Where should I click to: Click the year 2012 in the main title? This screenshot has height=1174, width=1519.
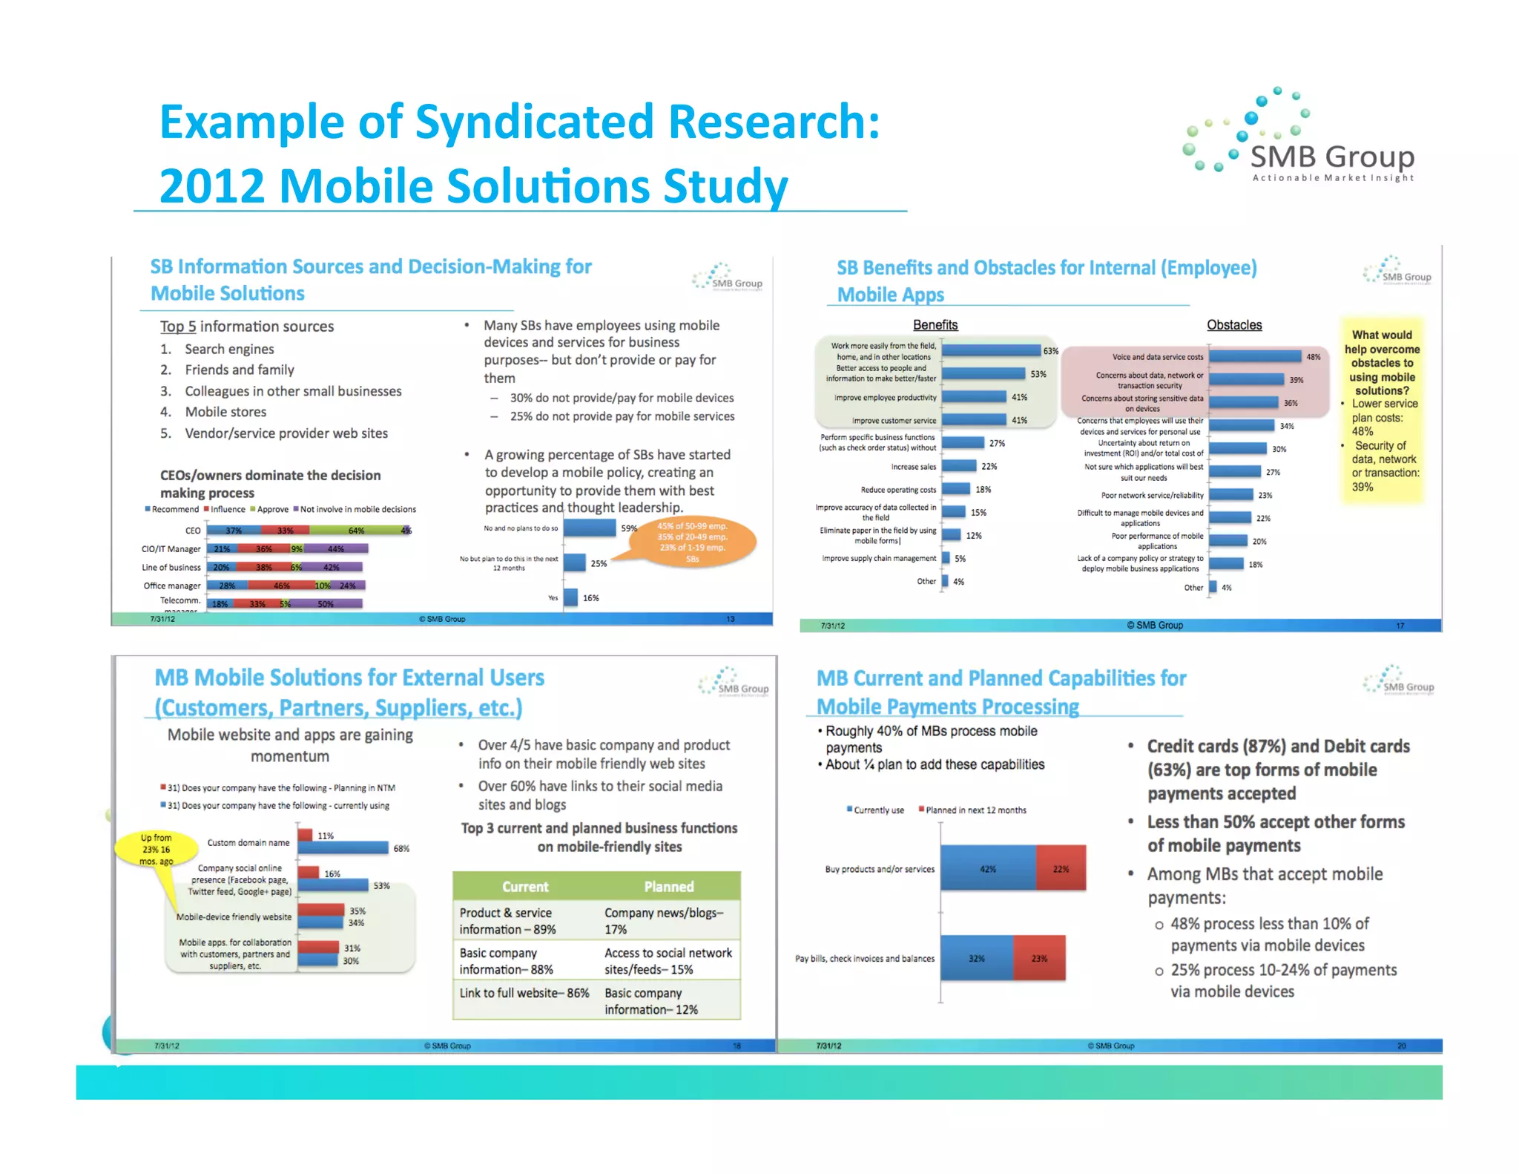pyautogui.click(x=212, y=186)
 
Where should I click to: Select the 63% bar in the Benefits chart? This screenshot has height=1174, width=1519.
pyautogui.click(x=991, y=350)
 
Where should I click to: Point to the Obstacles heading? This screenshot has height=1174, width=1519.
pyautogui.click(x=1233, y=325)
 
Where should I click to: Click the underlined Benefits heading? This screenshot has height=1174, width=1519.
pyautogui.click(x=935, y=325)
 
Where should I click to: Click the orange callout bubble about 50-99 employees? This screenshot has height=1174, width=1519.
pyautogui.click(x=692, y=542)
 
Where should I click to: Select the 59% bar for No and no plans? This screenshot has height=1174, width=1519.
pyautogui.click(x=589, y=528)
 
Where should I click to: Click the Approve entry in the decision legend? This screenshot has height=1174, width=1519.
pyautogui.click(x=272, y=509)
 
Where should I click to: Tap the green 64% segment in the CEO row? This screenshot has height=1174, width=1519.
pyautogui.click(x=356, y=531)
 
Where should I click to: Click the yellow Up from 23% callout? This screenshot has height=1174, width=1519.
pyautogui.click(x=156, y=849)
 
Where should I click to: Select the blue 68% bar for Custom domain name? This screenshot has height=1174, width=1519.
pyautogui.click(x=343, y=848)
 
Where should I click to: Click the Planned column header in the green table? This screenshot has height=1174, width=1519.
pyautogui.click(x=668, y=887)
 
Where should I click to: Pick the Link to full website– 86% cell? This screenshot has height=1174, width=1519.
pyautogui.click(x=524, y=993)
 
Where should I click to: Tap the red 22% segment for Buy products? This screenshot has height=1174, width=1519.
pyautogui.click(x=1061, y=868)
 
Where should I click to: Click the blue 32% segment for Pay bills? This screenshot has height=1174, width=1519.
pyautogui.click(x=976, y=958)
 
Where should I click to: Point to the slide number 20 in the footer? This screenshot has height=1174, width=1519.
pyautogui.click(x=1401, y=1046)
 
